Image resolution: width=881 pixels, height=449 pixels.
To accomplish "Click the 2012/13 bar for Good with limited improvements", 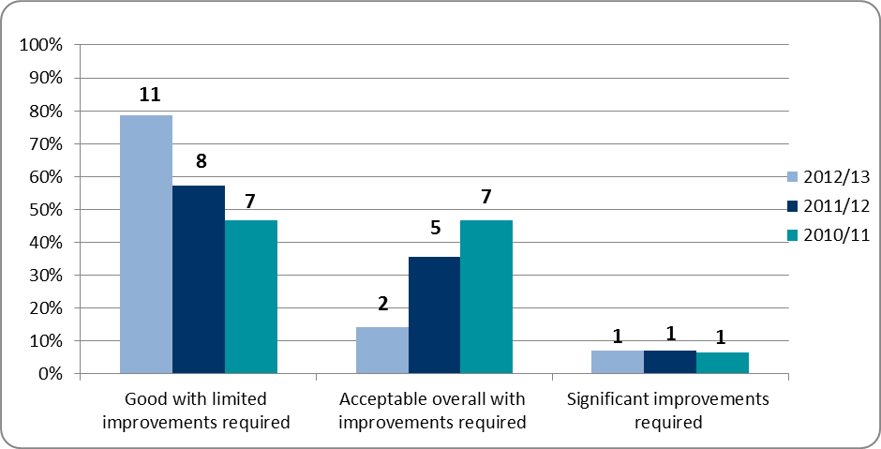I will point(145,245).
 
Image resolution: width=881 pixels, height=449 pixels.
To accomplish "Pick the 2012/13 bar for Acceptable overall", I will point(381,351).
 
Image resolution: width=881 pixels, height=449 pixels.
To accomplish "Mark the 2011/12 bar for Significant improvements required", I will point(670,362).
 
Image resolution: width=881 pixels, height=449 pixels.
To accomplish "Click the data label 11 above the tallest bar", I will point(150,95).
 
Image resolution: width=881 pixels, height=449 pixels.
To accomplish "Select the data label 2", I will point(382,305).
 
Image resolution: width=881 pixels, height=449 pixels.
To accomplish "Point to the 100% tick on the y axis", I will point(42,46).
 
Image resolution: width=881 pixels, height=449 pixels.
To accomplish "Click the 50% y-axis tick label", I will point(45,210).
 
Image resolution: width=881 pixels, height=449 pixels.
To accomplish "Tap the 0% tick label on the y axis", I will point(49,374).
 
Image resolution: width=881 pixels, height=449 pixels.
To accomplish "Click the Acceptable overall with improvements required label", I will point(432,411).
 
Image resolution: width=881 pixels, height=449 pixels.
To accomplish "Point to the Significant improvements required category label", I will point(668,411).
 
